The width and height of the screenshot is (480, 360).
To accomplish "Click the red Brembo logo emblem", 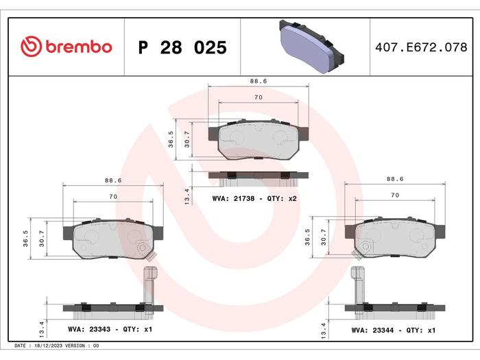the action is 31,47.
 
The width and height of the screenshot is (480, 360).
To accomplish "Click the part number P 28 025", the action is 182,47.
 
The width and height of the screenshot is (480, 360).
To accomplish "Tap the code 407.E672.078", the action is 421,47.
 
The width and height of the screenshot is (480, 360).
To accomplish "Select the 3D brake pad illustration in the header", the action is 311,47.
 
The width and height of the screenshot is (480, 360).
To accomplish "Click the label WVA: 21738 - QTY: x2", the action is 254,198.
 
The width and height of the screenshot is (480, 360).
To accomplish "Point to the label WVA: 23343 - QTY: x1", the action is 110,329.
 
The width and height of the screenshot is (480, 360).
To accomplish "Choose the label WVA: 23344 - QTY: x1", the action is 393,330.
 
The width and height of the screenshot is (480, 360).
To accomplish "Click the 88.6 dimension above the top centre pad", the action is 259,81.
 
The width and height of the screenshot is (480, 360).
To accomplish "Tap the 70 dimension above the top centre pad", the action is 259,97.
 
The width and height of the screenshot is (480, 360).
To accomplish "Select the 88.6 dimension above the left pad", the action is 113,180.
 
